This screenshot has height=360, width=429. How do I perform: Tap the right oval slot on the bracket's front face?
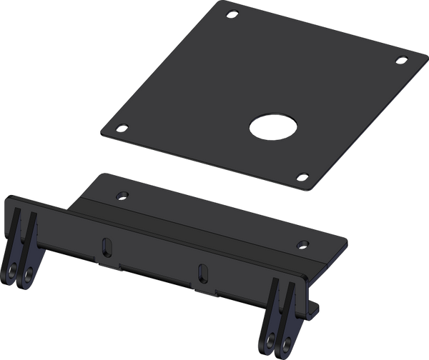click(x=203, y=272)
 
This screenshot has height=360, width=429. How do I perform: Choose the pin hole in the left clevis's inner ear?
click(x=28, y=276)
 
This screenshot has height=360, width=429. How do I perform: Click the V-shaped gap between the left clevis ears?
click(x=24, y=229)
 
